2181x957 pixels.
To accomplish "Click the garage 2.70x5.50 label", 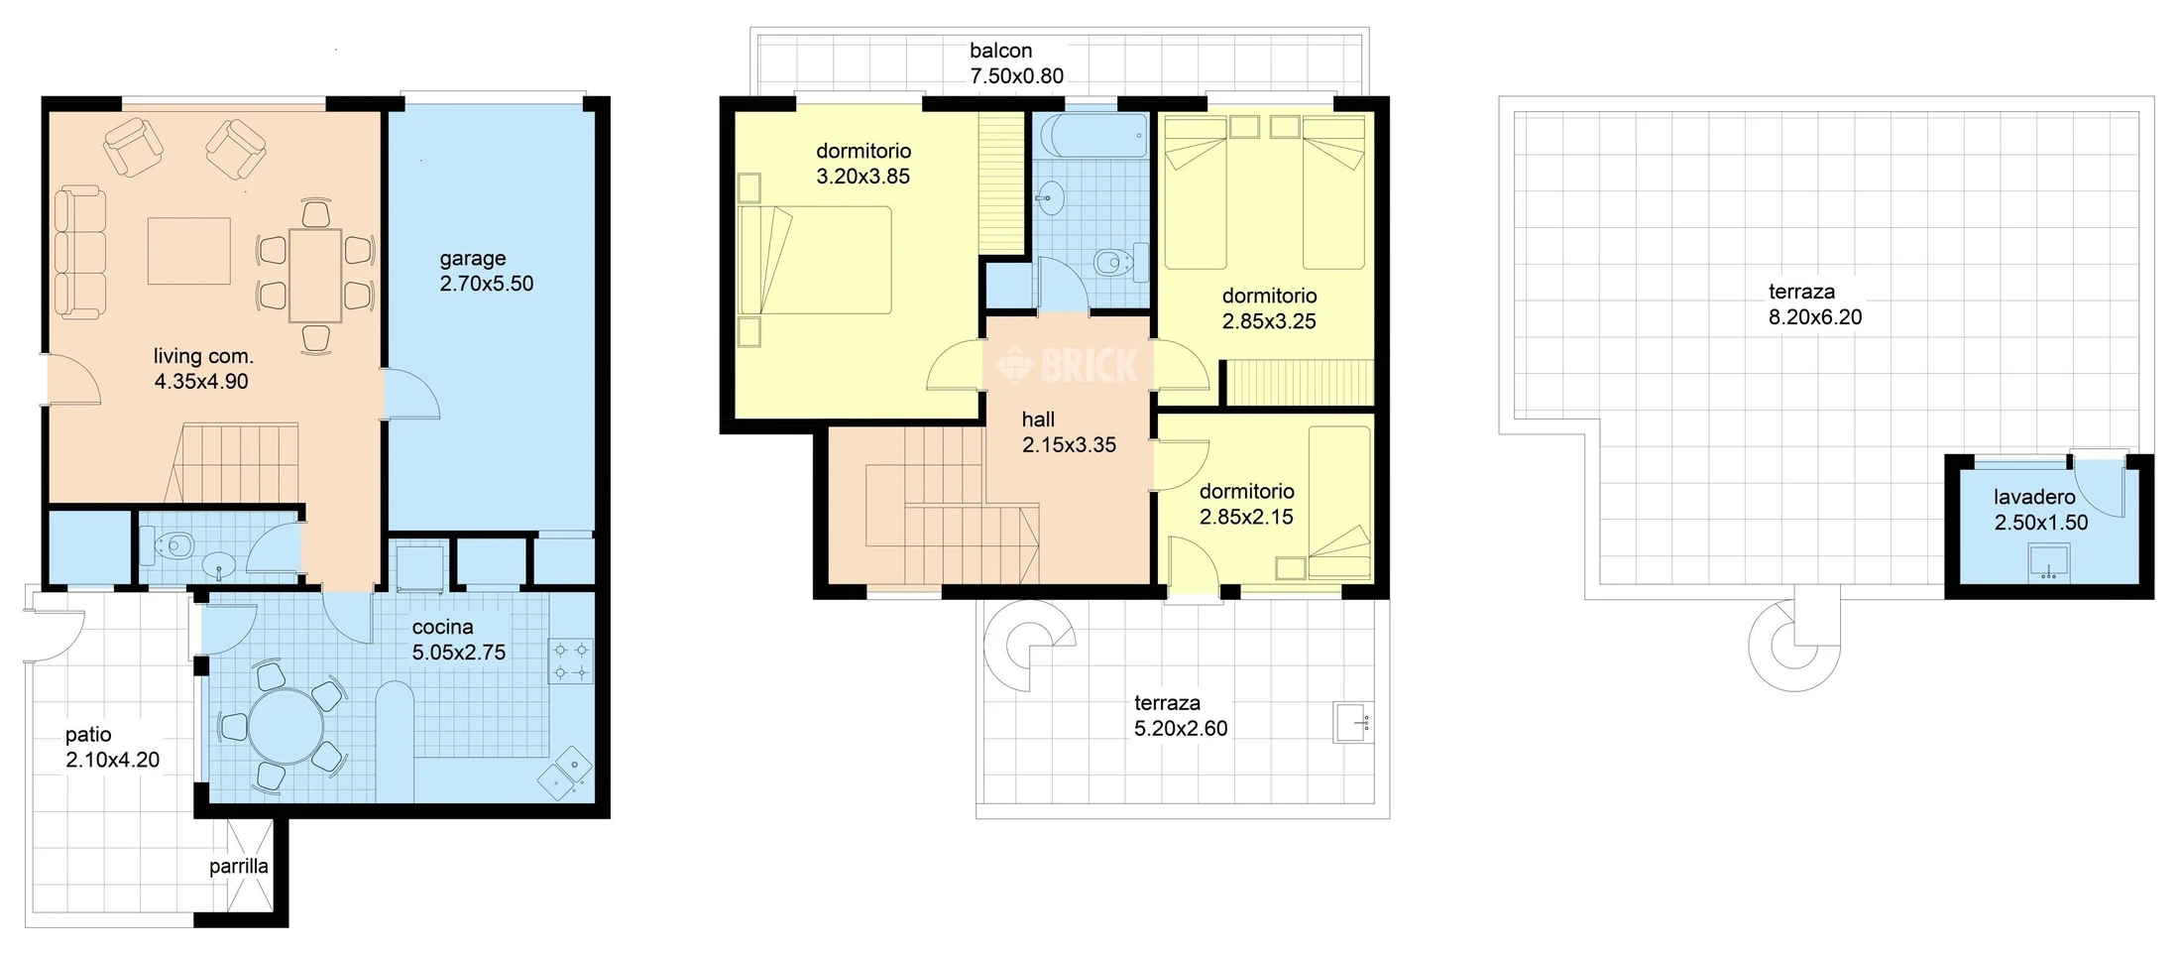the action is [x=486, y=271].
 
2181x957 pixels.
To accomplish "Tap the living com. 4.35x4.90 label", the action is [x=202, y=369].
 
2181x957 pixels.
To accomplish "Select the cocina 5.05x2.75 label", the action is [x=458, y=640].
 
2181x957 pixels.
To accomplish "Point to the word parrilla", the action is [x=238, y=867].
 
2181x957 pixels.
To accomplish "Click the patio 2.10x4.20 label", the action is [x=112, y=748].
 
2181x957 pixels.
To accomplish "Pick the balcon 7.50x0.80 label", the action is [x=1016, y=62].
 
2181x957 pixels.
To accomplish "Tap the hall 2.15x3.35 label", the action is [x=1069, y=432].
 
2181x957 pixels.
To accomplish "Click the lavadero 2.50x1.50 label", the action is [x=2040, y=510].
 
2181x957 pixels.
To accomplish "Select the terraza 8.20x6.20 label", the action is [x=1815, y=304].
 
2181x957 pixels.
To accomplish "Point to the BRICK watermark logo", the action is [x=1068, y=365].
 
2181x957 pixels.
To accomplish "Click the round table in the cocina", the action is [x=286, y=726].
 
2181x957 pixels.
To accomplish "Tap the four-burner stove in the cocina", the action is [x=572, y=660].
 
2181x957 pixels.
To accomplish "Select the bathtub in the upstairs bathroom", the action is [x=1090, y=135].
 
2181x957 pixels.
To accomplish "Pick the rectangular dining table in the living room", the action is [x=315, y=276].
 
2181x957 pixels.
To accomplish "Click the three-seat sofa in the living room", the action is [x=79, y=253].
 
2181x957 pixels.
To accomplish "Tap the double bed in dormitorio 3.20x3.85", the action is [x=815, y=260].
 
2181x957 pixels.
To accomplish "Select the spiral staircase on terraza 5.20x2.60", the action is [x=1028, y=646].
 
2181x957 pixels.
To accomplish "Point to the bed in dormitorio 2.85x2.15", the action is [x=1339, y=504].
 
